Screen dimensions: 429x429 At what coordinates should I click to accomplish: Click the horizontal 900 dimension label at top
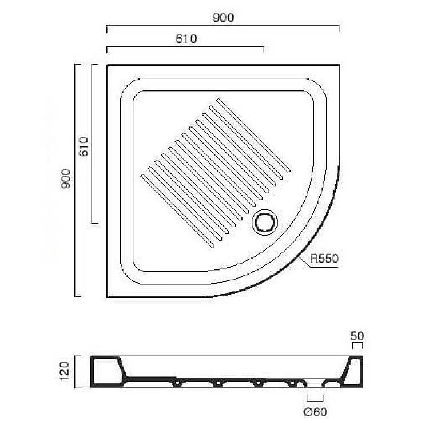223,18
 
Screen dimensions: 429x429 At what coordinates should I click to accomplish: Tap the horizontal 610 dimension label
186,39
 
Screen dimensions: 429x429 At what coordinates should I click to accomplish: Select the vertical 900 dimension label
66,178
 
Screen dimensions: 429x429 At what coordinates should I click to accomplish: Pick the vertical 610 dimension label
84,146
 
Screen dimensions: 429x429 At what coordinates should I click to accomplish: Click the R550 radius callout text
324,259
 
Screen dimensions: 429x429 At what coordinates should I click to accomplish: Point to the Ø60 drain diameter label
315,412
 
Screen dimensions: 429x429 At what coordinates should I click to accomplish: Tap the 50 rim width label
357,336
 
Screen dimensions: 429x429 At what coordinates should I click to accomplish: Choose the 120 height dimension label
64,371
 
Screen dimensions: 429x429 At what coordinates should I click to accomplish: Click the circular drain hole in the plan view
265,222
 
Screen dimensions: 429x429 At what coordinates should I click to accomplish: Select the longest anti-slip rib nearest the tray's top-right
253,135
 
